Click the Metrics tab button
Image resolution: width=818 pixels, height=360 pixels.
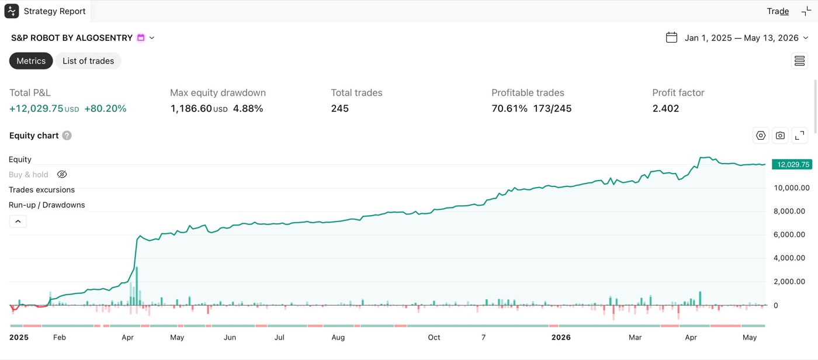click(x=31, y=61)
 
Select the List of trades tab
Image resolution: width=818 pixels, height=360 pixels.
click(x=88, y=61)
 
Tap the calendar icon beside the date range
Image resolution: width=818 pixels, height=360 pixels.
click(x=671, y=37)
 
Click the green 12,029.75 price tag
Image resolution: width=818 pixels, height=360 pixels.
click(x=792, y=164)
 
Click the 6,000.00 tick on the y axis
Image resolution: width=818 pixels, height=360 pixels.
click(x=789, y=234)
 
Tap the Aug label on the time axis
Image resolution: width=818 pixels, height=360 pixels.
click(x=338, y=337)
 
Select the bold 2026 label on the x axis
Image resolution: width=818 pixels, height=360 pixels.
click(x=561, y=337)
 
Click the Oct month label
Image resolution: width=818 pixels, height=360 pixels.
click(x=434, y=337)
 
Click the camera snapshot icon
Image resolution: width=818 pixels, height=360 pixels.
click(x=780, y=136)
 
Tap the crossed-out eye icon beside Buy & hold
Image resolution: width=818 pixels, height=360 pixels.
click(x=62, y=175)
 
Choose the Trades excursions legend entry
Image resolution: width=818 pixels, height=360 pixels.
click(x=41, y=190)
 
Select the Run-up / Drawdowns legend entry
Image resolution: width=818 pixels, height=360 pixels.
click(x=47, y=205)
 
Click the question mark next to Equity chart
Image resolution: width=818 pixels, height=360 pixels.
click(x=67, y=136)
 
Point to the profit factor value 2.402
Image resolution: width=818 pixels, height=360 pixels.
click(x=666, y=109)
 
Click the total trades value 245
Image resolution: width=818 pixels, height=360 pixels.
click(x=339, y=109)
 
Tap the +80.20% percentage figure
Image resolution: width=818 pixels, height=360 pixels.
click(x=105, y=109)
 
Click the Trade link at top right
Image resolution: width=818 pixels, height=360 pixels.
click(x=778, y=11)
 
